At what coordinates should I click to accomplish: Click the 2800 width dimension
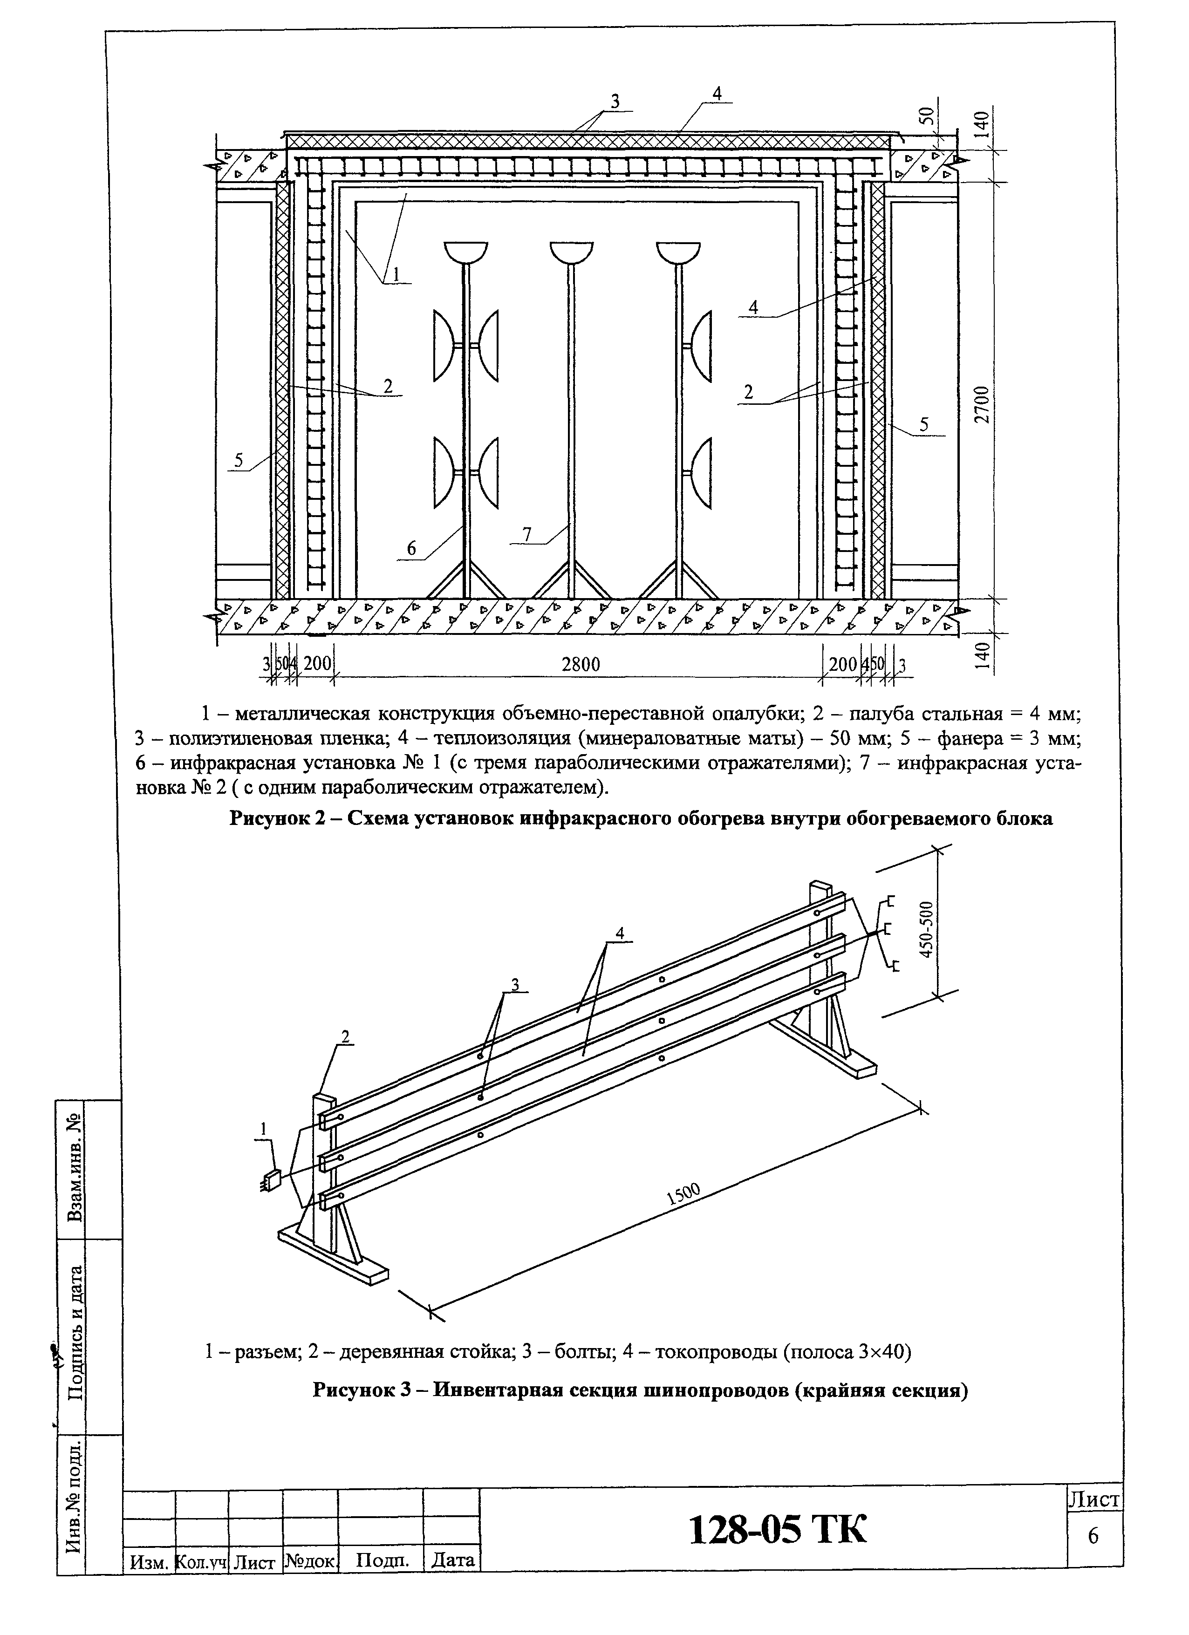click(x=581, y=664)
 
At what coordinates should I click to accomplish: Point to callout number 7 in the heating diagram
click(x=527, y=534)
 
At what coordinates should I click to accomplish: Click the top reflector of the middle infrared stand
click(x=571, y=252)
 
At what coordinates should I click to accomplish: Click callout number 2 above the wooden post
click(x=345, y=1036)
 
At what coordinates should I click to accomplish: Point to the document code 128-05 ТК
click(x=777, y=1529)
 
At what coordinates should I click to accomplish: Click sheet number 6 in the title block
click(x=1093, y=1537)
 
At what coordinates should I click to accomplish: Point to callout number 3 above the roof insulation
click(x=615, y=102)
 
